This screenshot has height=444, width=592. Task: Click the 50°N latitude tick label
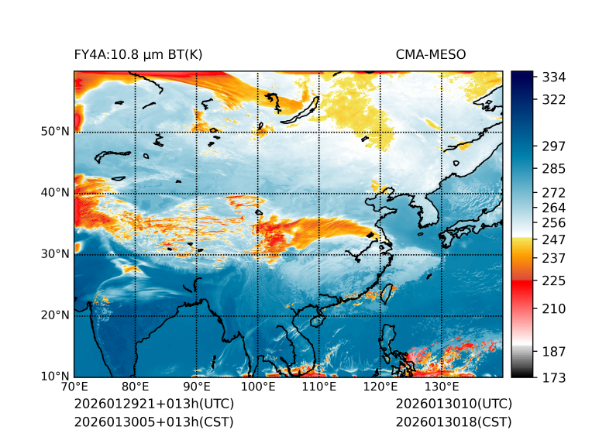tap(55, 132)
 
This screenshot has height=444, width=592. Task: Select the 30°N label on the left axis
tap(55, 254)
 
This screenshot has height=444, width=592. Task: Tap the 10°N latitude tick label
tap(55, 377)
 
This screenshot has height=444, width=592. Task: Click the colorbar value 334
tap(554, 77)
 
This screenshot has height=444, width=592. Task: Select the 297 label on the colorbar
tap(554, 146)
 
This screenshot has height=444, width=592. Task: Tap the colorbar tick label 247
tap(554, 239)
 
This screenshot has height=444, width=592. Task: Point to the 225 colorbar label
tap(554, 280)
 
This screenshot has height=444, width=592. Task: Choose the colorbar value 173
tap(554, 377)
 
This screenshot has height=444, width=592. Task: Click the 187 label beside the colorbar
tap(554, 351)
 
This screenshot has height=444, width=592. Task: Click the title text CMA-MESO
tap(431, 54)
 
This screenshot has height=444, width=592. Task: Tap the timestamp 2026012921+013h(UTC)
tap(154, 404)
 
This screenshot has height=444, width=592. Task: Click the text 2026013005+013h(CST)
tap(153, 422)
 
